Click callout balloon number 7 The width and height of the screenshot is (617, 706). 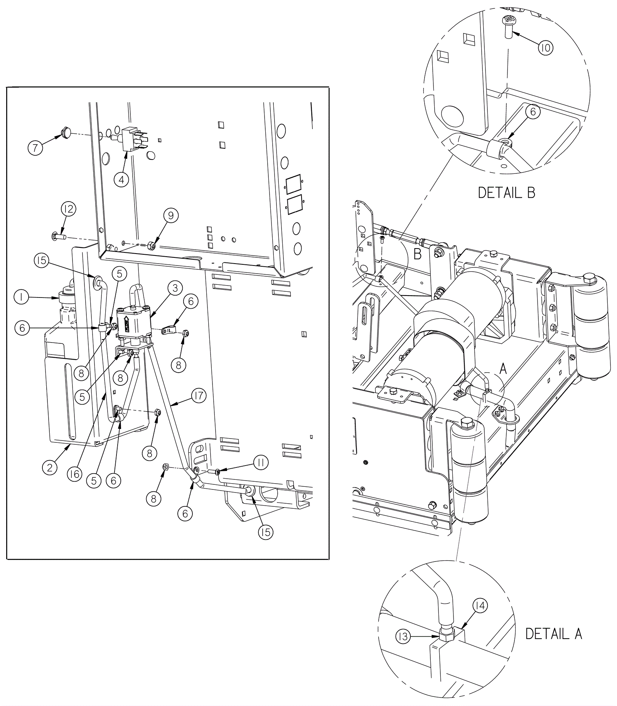(x=35, y=148)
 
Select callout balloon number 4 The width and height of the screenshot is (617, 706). (x=121, y=180)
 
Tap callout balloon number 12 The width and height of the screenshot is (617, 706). (x=69, y=209)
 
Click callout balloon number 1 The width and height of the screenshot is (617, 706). (x=21, y=298)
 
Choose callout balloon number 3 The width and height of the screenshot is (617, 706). (x=175, y=288)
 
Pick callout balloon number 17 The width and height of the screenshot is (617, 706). (x=199, y=396)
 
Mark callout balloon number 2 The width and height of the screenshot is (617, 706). (x=50, y=467)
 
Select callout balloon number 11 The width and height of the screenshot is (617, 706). (x=261, y=463)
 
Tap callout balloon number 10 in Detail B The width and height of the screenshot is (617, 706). (x=546, y=48)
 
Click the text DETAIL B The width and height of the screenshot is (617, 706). (x=506, y=192)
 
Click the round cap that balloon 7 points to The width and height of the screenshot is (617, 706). (x=66, y=133)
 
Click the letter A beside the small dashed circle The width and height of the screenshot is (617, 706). (x=503, y=369)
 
